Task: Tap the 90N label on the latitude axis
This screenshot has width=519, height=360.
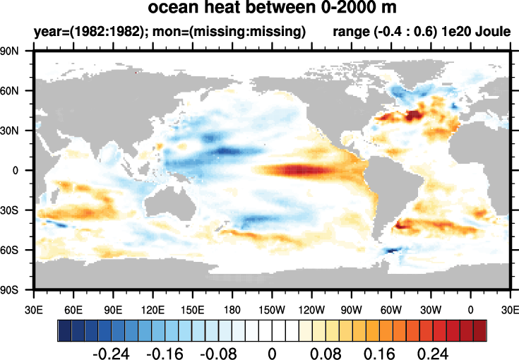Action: point(16,51)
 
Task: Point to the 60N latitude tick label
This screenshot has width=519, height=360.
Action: point(16,90)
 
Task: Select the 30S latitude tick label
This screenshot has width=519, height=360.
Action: point(16,210)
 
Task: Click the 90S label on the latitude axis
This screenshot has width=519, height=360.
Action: point(16,289)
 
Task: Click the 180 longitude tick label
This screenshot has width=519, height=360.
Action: point(232,308)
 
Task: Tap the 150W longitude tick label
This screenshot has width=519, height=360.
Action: point(272,308)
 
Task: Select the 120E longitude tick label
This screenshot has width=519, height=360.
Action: point(153,308)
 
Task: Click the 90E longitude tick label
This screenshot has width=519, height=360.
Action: point(114,308)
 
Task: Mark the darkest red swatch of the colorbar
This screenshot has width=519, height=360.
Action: point(480,330)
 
